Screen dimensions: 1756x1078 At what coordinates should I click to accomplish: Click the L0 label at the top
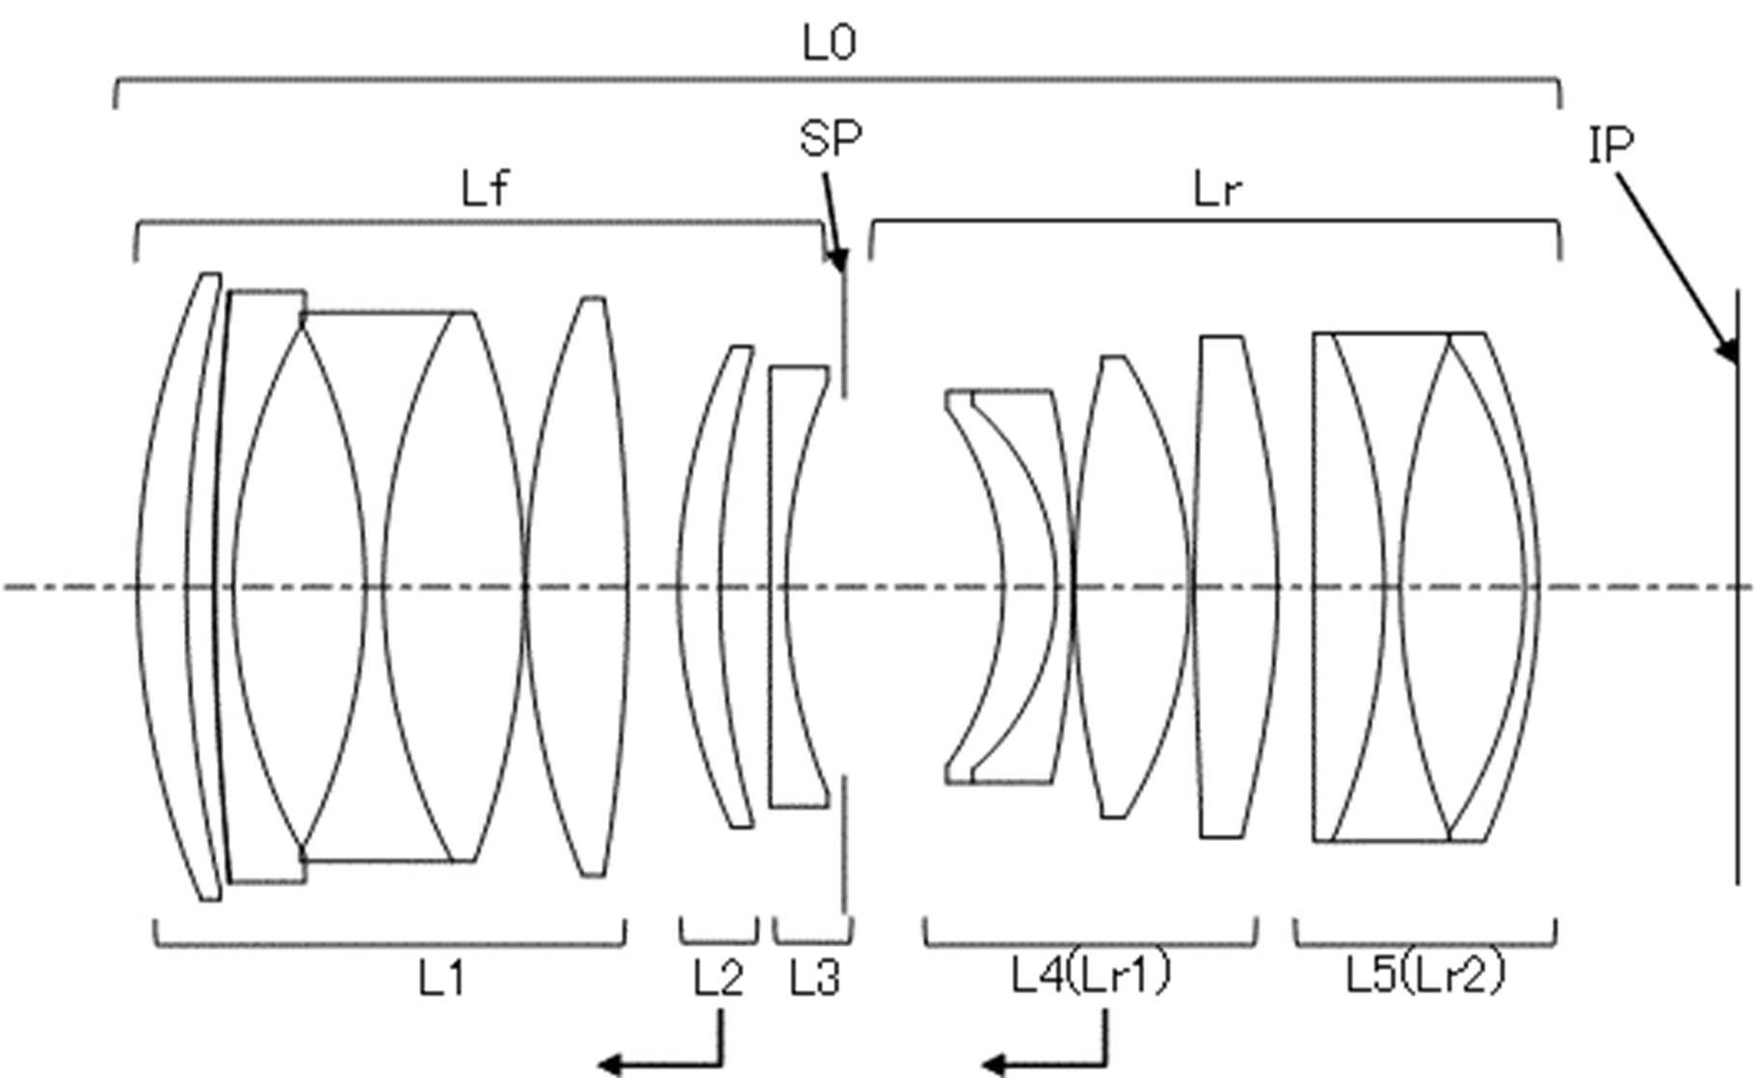click(x=829, y=43)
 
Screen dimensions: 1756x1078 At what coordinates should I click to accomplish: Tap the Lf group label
click(x=485, y=189)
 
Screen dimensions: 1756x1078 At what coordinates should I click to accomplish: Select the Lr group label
click(x=1217, y=190)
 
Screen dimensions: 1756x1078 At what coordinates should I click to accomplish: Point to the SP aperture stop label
click(x=831, y=138)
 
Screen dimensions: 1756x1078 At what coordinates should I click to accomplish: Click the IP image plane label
click(x=1610, y=145)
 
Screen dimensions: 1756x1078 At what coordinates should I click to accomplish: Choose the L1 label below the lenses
click(x=442, y=979)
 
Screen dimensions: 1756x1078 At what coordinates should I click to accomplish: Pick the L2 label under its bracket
click(x=719, y=979)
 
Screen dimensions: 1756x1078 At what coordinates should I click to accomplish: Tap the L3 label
click(x=815, y=979)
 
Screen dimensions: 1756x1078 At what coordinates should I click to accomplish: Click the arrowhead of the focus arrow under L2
click(x=609, y=1065)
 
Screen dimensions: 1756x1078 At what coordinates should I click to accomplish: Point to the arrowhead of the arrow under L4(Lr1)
click(x=994, y=1065)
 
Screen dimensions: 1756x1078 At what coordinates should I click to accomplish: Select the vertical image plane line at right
click(x=1738, y=586)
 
